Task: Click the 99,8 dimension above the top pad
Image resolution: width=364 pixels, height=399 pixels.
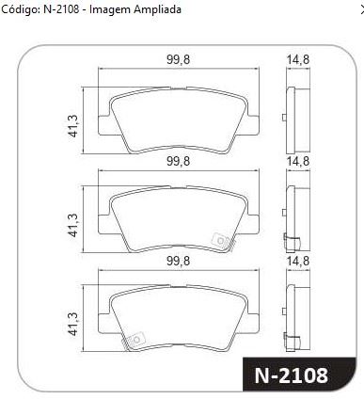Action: pyautogui.click(x=178, y=59)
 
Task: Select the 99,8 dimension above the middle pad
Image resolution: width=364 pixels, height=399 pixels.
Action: pyautogui.click(x=178, y=161)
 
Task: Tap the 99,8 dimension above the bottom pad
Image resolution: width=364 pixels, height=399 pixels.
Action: pyautogui.click(x=178, y=261)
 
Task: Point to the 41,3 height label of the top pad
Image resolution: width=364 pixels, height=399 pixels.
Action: pyautogui.click(x=73, y=125)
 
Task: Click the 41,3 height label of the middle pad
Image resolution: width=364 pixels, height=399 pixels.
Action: pyautogui.click(x=73, y=225)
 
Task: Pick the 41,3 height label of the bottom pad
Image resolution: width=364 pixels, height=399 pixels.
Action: pyautogui.click(x=73, y=325)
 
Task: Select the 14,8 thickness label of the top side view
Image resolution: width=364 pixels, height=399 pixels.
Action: pyautogui.click(x=298, y=59)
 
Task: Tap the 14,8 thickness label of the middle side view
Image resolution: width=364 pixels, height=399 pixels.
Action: pyautogui.click(x=298, y=161)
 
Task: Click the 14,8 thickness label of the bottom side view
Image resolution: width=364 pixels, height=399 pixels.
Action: pyautogui.click(x=298, y=261)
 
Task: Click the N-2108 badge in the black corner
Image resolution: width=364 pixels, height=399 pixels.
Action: pyautogui.click(x=292, y=375)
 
